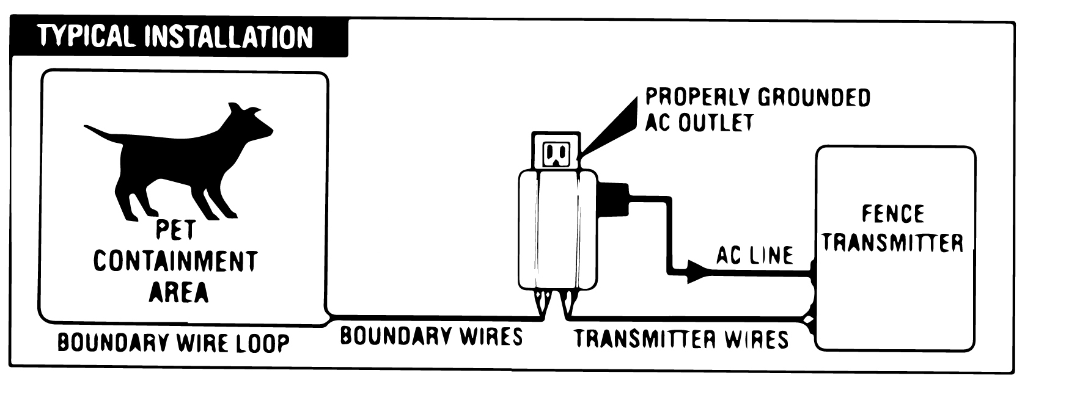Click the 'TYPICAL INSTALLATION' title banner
[176, 37]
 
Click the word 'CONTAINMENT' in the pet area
[175, 261]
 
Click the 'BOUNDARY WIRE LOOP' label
[173, 342]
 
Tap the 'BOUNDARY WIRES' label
[431, 336]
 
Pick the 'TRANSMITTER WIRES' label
[681, 339]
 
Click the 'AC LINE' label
[754, 255]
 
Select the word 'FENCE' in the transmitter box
[893, 214]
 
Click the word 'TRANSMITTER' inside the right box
[893, 242]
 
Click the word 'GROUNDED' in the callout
[813, 98]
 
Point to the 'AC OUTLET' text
[699, 123]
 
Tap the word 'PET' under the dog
[175, 230]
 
